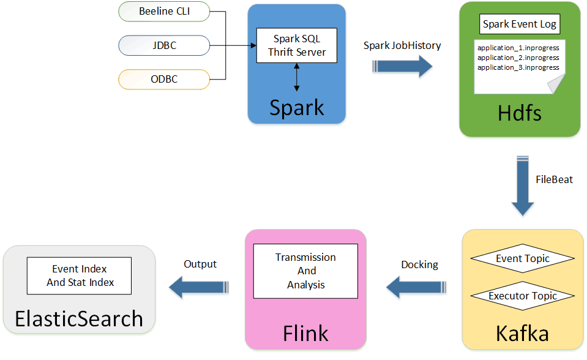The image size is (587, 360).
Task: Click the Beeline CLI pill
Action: pos(164,11)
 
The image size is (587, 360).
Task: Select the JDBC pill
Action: pos(164,45)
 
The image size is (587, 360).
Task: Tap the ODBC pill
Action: pos(164,79)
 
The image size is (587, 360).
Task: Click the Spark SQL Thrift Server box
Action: pos(297,45)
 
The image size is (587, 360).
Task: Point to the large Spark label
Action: pos(297,107)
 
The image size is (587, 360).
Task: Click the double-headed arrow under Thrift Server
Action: pos(297,77)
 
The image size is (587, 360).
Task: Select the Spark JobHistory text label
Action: pos(402,45)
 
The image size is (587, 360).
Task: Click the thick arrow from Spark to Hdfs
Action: pos(403,66)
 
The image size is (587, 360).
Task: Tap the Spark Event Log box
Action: pos(520,24)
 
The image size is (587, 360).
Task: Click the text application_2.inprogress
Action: pos(518,58)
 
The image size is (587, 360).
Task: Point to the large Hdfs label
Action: pos(520,113)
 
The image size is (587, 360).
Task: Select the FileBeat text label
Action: pos(554,180)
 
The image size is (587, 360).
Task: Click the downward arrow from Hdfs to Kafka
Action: pos(523,187)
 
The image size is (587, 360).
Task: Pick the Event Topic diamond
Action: pos(523,258)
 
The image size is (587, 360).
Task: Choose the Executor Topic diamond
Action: pos(523,296)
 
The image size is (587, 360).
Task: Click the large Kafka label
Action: pos(522,333)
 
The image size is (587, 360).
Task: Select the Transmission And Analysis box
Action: pos(305,271)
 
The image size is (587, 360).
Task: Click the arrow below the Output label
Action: pos(200,286)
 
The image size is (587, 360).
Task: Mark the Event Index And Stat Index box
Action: pos(79,276)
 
